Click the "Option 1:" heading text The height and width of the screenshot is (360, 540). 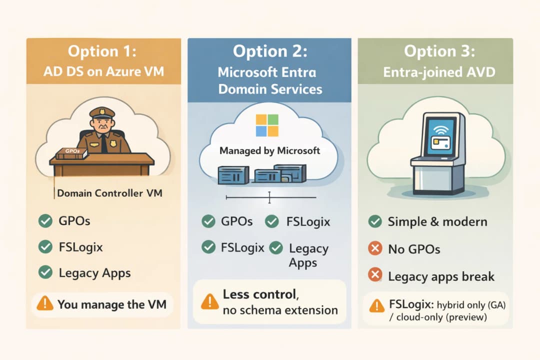point(103,51)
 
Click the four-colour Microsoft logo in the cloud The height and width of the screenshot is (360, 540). point(266,125)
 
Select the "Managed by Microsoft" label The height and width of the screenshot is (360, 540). point(269,150)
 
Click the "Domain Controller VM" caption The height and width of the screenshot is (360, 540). point(109,193)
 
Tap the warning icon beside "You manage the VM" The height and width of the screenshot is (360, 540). point(45,303)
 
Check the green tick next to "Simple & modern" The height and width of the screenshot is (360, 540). point(375,221)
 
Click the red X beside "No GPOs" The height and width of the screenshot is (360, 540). point(375,248)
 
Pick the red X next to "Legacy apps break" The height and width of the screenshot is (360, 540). point(375,275)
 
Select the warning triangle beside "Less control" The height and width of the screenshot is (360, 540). point(209,301)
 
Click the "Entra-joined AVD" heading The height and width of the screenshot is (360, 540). point(439,72)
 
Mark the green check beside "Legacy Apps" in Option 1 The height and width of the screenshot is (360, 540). point(45,272)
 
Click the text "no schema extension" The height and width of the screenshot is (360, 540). point(280,310)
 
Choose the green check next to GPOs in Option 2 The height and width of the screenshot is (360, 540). point(208,221)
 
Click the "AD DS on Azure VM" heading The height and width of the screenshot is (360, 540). point(103,71)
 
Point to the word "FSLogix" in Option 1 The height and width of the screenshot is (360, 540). point(80,246)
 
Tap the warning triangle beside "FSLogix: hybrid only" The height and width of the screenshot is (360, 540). point(376,306)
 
